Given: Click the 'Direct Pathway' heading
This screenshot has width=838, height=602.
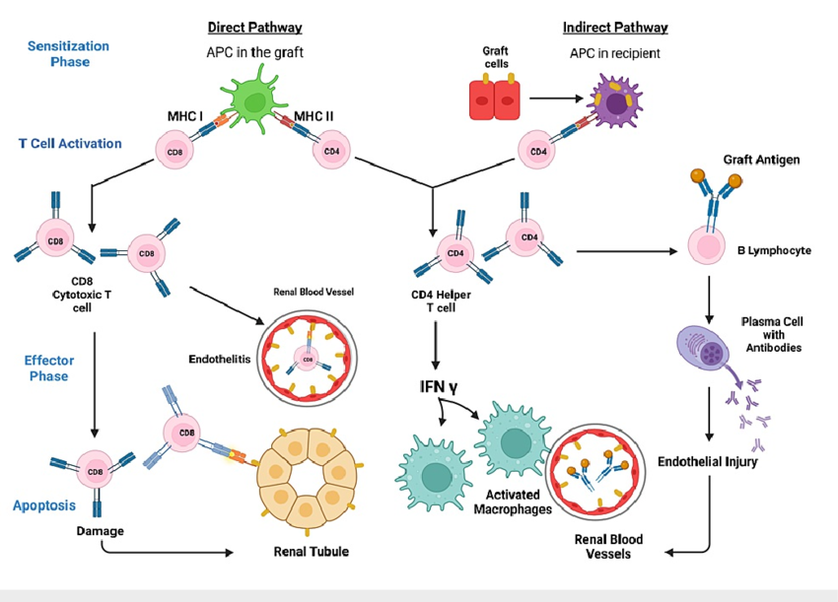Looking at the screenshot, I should (254, 27).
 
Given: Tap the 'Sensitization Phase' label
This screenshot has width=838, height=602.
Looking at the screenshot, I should (68, 54).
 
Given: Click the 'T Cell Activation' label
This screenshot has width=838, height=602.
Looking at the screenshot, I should (70, 143).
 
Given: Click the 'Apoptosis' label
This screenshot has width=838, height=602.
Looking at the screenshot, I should (45, 506).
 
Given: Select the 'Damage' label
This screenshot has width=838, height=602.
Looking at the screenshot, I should (101, 531).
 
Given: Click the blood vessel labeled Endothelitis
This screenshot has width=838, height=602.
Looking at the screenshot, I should (307, 361).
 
